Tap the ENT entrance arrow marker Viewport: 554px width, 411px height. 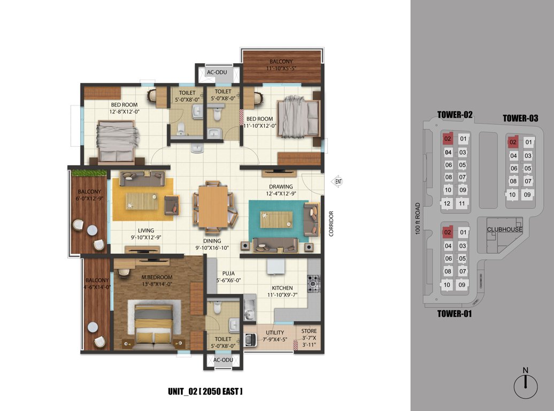[338, 181]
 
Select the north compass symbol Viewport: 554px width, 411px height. [526, 383]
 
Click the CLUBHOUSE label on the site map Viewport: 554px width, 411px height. [504, 230]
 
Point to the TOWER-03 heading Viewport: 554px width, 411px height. [520, 118]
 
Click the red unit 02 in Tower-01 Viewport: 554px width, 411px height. [448, 233]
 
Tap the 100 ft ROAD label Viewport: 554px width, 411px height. [418, 219]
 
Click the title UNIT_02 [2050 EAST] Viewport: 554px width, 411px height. [206, 392]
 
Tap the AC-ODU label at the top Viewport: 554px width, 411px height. [217, 73]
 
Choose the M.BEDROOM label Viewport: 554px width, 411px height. [157, 277]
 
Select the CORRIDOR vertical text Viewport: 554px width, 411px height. [331, 224]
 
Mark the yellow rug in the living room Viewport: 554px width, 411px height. [142, 199]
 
